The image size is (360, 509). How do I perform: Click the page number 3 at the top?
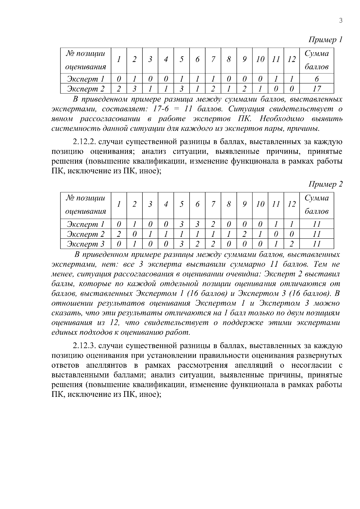pos(340,20)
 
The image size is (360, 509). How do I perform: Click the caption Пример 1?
pos(325,40)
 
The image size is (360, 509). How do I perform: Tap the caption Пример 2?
pos(325,184)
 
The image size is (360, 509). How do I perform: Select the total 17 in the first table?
pos(316,89)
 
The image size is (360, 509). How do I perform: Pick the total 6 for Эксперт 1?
pos(316,79)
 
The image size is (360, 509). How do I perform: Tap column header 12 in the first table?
pos(291,60)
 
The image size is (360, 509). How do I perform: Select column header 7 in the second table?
pos(213,204)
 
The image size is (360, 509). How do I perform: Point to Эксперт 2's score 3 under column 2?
pos(134,89)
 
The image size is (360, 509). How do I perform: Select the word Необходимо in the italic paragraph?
pos(282,119)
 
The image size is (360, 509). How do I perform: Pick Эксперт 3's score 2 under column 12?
pos(291,244)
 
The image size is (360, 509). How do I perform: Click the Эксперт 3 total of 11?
pos(316,244)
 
